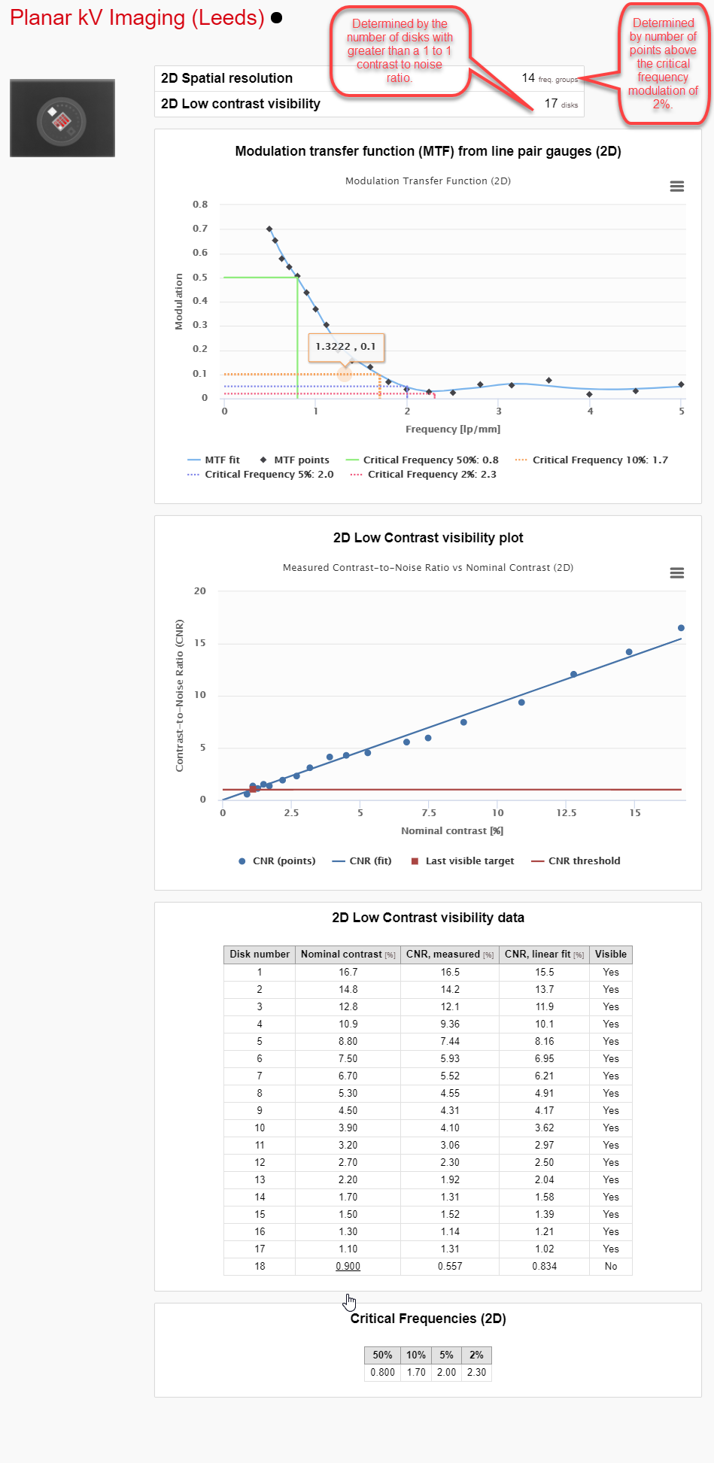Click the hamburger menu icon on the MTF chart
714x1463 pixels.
point(676,187)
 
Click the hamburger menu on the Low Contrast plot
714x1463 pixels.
point(676,573)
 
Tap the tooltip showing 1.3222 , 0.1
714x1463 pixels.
point(346,347)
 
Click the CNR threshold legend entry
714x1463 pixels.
point(584,861)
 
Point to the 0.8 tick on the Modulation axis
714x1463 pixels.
point(200,205)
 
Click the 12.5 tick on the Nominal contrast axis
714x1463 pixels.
point(567,813)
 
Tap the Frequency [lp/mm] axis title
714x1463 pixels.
point(452,429)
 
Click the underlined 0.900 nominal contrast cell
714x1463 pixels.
point(348,1267)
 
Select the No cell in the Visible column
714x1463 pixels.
point(610,1267)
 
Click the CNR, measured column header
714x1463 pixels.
point(449,955)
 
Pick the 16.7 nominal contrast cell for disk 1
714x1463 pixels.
point(348,973)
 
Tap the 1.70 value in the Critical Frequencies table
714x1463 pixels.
point(416,1373)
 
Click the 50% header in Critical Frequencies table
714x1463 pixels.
point(382,1355)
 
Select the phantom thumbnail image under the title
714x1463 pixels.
point(62,118)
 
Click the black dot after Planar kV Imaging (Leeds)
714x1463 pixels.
point(276,17)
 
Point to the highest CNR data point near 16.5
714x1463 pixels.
point(681,628)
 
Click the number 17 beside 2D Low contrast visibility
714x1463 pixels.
point(551,104)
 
